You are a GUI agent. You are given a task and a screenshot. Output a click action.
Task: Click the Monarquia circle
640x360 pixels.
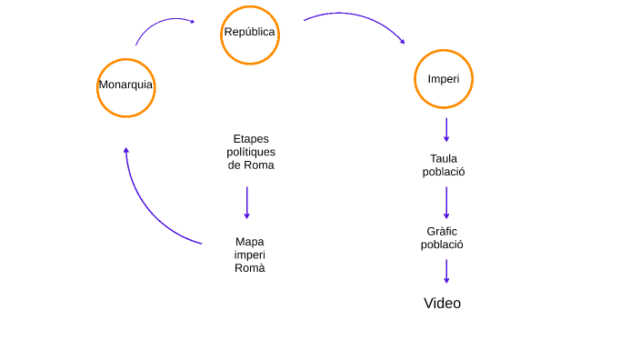[x=125, y=87]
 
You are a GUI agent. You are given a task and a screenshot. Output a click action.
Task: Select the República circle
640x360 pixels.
[x=249, y=35]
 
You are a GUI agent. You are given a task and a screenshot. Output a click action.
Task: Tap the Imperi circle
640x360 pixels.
[x=444, y=79]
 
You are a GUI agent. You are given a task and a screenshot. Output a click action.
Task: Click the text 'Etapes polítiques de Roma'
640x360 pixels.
[x=251, y=152]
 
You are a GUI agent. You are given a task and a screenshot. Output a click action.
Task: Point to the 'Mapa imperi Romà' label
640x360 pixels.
[x=250, y=255]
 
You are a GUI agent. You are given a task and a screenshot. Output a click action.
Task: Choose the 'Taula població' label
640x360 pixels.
[x=444, y=165]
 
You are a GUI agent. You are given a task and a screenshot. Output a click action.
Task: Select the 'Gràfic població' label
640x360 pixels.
[x=443, y=237]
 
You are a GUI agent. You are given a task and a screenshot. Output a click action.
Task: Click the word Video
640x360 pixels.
[x=442, y=304]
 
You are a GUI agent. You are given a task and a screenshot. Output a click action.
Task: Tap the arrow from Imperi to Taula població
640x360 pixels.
[x=446, y=129]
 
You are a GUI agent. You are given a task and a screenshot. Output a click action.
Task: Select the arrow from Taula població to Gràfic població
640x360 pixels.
[x=446, y=202]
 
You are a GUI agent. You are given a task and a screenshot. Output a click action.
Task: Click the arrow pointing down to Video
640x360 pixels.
[x=446, y=271]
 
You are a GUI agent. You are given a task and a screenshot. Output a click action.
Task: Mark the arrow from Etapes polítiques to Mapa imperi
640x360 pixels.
[x=246, y=202]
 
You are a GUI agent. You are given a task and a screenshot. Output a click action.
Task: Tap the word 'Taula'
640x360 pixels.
[x=444, y=158]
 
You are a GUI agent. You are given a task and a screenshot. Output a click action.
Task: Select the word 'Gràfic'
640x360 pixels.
[x=443, y=231]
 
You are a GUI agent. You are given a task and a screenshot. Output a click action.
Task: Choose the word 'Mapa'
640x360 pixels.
[x=250, y=242]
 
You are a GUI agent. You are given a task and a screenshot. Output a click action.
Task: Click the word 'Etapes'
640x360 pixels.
[x=251, y=139]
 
